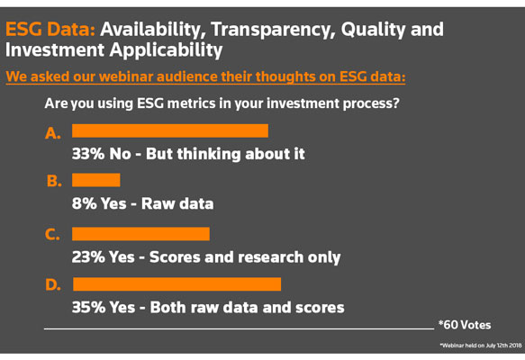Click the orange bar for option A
[170, 130]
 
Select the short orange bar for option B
[96, 180]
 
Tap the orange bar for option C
[141, 234]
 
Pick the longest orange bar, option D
[177, 284]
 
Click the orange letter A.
[53, 133]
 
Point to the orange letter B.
[54, 181]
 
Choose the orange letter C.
[52, 234]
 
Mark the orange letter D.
[53, 284]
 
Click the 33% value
[88, 154]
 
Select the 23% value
[88, 257]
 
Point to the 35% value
[88, 307]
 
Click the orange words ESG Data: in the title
[50, 29]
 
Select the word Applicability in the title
[166, 51]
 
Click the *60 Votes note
[465, 325]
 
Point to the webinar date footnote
[481, 346]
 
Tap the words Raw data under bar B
[177, 203]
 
